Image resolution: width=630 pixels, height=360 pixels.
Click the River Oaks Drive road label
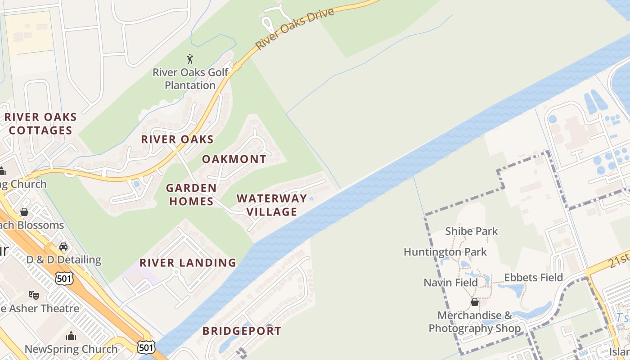[295, 28]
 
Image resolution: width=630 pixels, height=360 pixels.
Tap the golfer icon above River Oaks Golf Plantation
[190, 58]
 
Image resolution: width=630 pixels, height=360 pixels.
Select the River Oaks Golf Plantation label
[190, 79]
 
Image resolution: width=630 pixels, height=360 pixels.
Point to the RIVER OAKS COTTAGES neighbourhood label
[40, 124]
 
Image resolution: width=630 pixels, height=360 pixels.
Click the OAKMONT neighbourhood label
[234, 159]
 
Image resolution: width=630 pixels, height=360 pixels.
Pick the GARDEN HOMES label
[191, 194]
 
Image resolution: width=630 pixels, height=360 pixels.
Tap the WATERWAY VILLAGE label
[272, 205]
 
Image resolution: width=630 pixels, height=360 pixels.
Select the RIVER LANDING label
[188, 263]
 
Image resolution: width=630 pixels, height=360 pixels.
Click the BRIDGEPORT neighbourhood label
[242, 331]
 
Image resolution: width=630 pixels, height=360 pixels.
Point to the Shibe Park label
[471, 231]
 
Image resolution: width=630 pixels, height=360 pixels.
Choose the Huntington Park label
[445, 252]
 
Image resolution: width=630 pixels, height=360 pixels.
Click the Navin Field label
[450, 283]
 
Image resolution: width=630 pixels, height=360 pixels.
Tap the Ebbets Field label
[533, 278]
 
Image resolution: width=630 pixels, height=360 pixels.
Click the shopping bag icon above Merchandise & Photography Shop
[474, 302]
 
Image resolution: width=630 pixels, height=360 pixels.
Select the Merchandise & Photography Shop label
[474, 322]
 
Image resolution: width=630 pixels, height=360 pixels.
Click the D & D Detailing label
[64, 260]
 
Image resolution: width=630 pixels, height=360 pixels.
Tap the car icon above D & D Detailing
[63, 247]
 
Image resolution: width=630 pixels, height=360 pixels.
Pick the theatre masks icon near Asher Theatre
[34, 295]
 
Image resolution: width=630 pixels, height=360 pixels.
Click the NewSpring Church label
[71, 349]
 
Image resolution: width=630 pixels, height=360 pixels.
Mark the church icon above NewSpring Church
[71, 336]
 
